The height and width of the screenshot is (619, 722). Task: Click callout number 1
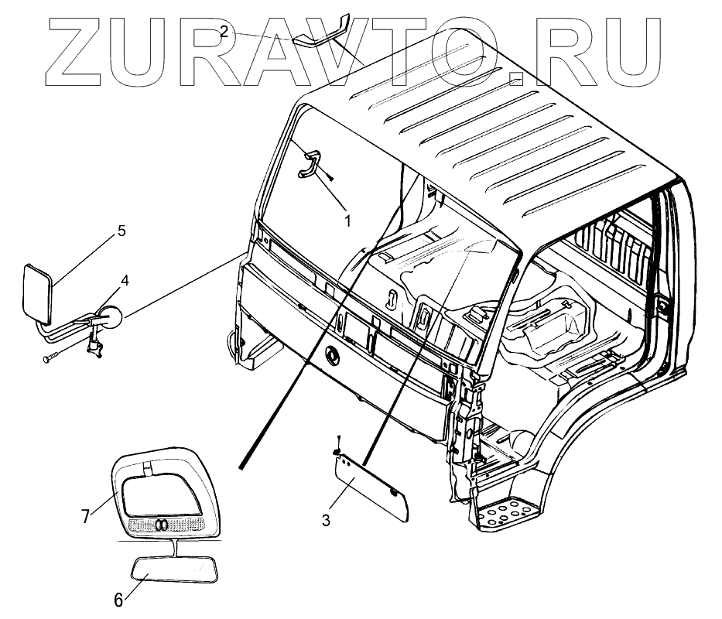347,221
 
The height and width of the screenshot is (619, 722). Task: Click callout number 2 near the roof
223,31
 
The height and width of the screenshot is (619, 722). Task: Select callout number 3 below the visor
326,521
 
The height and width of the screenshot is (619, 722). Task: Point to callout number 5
121,231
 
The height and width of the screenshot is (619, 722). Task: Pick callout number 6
118,599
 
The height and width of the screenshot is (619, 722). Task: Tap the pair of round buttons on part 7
162,524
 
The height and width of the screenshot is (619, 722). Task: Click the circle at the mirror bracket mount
111,315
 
